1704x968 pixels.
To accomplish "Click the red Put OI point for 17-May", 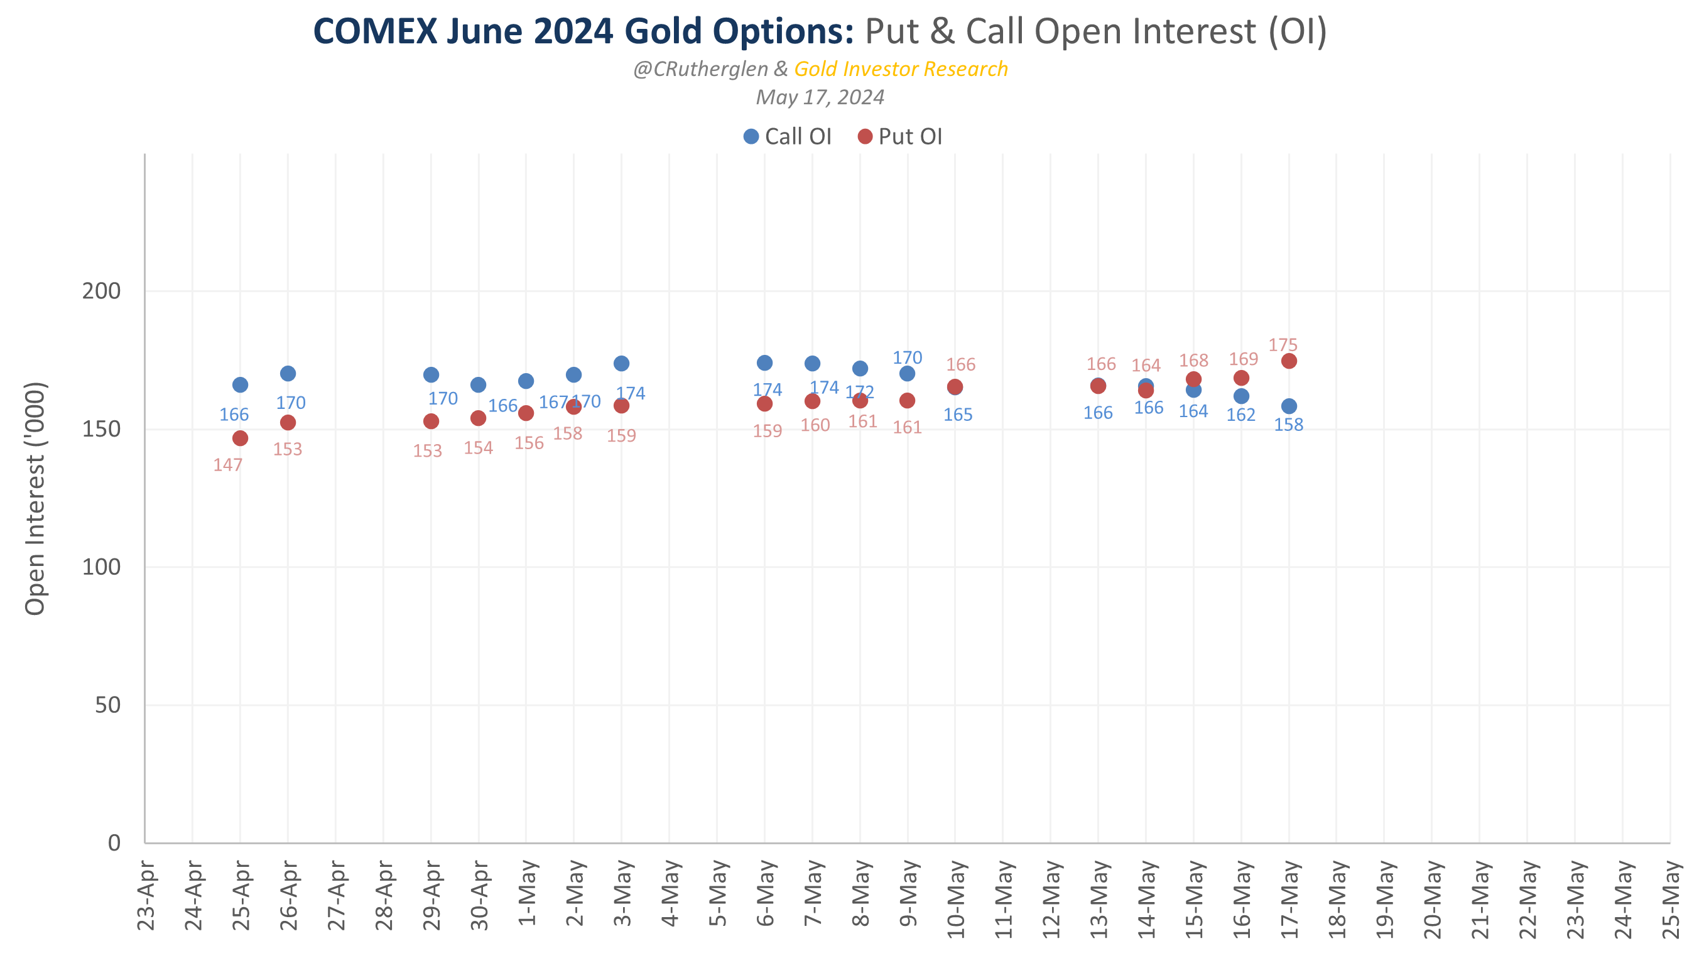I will point(1289,361).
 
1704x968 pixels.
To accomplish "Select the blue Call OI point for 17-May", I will point(1289,406).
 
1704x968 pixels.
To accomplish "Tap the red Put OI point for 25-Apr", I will point(240,438).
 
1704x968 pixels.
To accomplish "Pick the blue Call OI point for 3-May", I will point(621,363).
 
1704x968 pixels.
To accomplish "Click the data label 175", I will point(1283,345).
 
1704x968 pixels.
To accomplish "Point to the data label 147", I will point(228,465).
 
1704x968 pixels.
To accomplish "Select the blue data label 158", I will point(1288,424).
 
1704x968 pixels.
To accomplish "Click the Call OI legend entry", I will point(788,136).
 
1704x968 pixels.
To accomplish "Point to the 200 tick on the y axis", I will point(101,291).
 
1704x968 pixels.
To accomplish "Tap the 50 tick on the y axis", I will point(107,705).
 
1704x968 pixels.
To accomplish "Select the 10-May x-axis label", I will point(956,898).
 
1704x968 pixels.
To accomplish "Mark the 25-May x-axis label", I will point(1671,898).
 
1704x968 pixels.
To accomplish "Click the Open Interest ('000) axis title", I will point(35,499).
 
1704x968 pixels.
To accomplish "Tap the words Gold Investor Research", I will point(901,69).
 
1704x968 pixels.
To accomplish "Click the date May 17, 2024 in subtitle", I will point(820,98).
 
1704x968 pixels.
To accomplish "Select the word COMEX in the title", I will point(375,31).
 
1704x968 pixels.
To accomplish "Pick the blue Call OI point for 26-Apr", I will point(288,373).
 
